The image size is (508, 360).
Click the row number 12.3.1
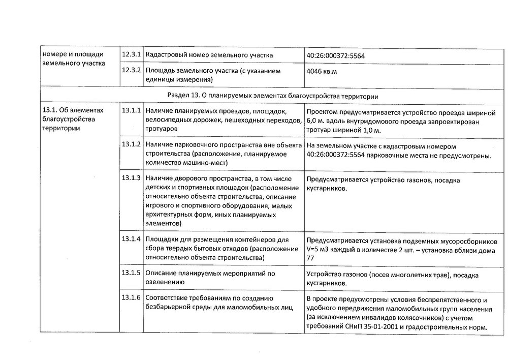131,54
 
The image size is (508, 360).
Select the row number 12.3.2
131,71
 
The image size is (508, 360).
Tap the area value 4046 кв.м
322,72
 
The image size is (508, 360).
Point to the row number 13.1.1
131,111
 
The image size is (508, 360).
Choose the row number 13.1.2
131,145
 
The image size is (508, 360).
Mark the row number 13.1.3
131,178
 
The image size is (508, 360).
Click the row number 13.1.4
131,239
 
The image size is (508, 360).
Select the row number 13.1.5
131,273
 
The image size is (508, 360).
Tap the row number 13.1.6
131,297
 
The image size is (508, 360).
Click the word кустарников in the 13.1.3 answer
327,189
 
